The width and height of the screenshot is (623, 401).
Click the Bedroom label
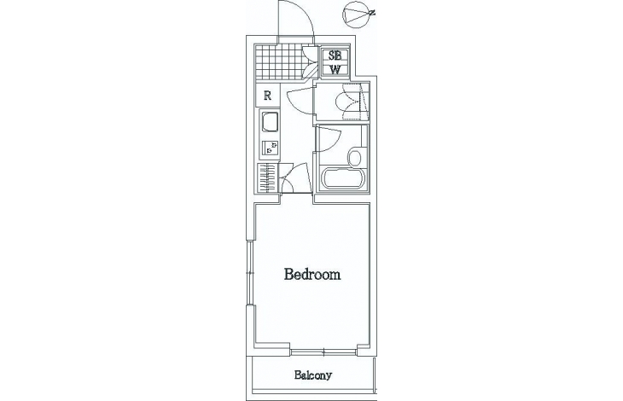(312, 275)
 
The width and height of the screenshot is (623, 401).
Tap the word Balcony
(313, 375)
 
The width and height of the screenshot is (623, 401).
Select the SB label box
(335, 55)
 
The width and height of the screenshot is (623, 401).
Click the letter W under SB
(335, 70)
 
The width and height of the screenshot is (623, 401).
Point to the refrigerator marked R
(268, 96)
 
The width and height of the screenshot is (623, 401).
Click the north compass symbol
(358, 15)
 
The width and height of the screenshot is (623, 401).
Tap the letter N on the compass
(372, 13)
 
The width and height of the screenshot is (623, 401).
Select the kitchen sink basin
(270, 123)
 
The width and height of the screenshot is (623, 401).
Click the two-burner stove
(271, 148)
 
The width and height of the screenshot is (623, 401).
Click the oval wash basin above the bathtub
(355, 157)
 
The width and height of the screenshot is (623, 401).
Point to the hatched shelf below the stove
(267, 177)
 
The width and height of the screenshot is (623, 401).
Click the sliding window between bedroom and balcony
(323, 352)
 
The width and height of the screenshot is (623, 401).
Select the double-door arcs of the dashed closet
(348, 102)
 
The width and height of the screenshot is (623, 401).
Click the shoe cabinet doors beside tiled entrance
(310, 62)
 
